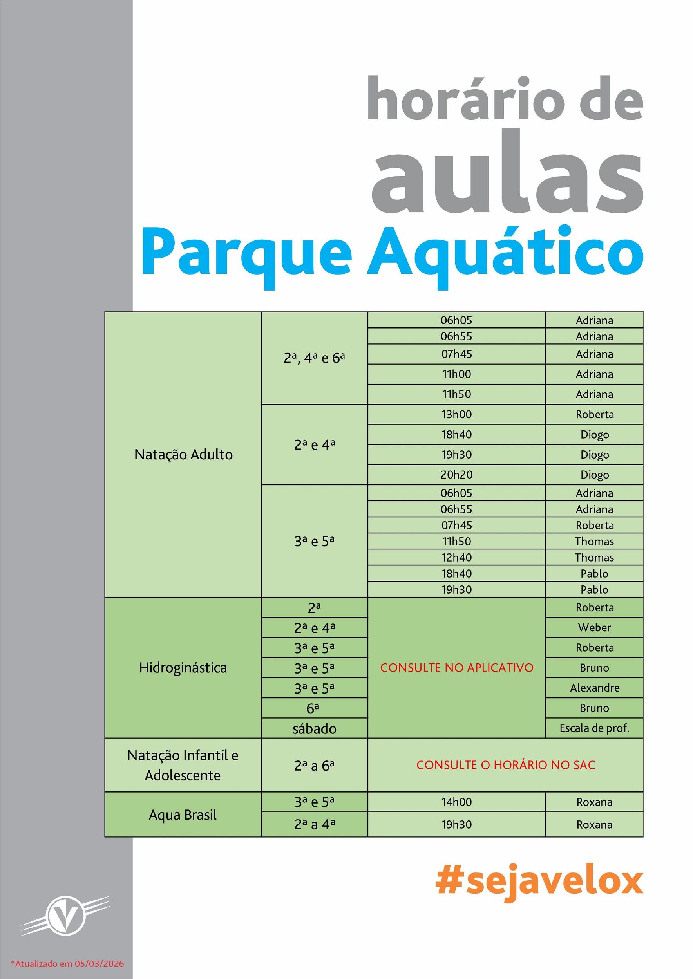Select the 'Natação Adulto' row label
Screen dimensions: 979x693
[x=183, y=454]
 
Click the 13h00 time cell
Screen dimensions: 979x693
[x=456, y=414]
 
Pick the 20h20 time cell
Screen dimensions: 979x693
[x=456, y=474]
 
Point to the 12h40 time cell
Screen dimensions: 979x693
[x=456, y=557]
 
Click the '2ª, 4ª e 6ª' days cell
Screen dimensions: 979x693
[x=314, y=358]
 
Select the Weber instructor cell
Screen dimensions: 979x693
[x=594, y=627]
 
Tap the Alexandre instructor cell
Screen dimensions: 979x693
[x=594, y=688]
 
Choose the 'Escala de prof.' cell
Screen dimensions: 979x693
[x=594, y=728]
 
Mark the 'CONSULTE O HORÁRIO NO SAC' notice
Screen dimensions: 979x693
[x=505, y=765]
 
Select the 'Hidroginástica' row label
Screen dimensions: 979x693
[x=183, y=668]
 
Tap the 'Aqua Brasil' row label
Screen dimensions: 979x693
[x=183, y=815]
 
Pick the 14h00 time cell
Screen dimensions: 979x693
[x=456, y=802]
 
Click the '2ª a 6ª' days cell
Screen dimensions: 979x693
[x=314, y=766]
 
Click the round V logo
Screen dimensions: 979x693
[x=66, y=916]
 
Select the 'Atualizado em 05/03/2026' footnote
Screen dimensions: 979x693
[x=67, y=964]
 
